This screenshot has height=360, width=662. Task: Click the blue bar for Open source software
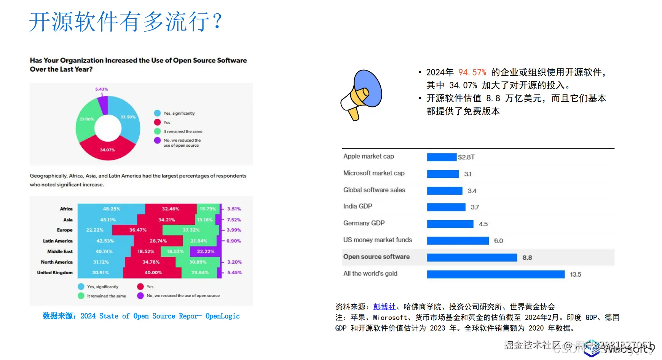[472, 258]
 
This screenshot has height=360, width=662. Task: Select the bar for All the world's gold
[495, 274]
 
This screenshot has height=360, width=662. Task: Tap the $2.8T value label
[466, 157]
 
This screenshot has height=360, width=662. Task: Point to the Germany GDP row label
[364, 223]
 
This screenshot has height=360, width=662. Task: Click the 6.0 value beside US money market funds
[498, 241]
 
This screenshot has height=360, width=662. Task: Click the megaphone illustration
[361, 94]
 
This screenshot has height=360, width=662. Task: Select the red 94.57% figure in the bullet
[472, 72]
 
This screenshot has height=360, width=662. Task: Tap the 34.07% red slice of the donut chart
[108, 149]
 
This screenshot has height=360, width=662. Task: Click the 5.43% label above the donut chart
[101, 89]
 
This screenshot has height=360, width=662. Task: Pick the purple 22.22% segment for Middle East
[206, 251]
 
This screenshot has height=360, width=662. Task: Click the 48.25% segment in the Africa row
[111, 209]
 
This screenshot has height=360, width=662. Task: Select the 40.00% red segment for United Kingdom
[153, 273]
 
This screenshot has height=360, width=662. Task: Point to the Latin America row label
[57, 241]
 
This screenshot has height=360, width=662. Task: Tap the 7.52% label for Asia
[234, 220]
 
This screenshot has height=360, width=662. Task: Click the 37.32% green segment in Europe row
[191, 230]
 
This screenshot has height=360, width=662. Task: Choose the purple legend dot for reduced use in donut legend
[157, 140]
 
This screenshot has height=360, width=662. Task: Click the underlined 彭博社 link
[384, 307]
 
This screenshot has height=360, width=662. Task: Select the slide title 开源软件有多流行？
[126, 22]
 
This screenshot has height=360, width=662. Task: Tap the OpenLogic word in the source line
[222, 316]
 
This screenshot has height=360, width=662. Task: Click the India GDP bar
[446, 207]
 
